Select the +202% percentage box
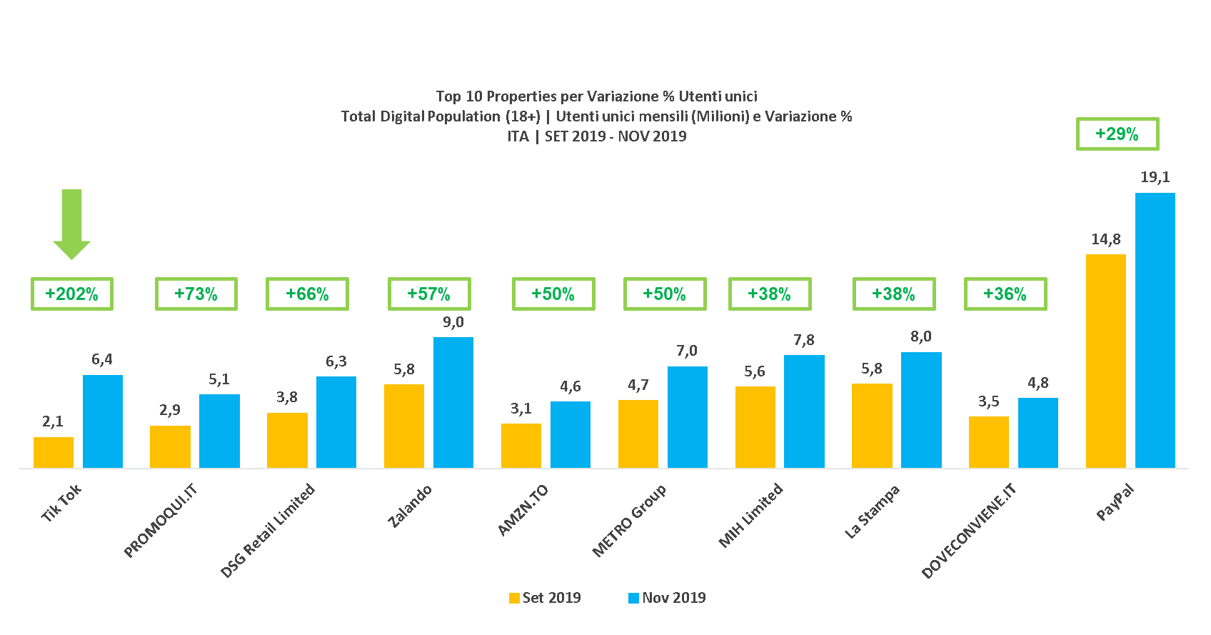(x=72, y=294)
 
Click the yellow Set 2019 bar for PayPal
(x=1105, y=361)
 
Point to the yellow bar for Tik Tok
(x=54, y=452)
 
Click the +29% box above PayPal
(x=1117, y=134)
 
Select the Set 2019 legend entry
(x=545, y=598)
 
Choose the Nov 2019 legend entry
(x=667, y=598)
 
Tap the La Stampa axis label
(x=872, y=511)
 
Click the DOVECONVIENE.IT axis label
(x=968, y=530)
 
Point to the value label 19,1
(x=1155, y=177)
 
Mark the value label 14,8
(x=1105, y=239)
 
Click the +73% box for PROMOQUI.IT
(x=196, y=294)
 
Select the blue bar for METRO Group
(x=688, y=417)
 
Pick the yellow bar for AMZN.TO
(x=521, y=446)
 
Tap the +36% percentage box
(x=1005, y=294)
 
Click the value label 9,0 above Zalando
(x=453, y=322)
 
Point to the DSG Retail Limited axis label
(x=268, y=530)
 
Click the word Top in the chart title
(x=448, y=96)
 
